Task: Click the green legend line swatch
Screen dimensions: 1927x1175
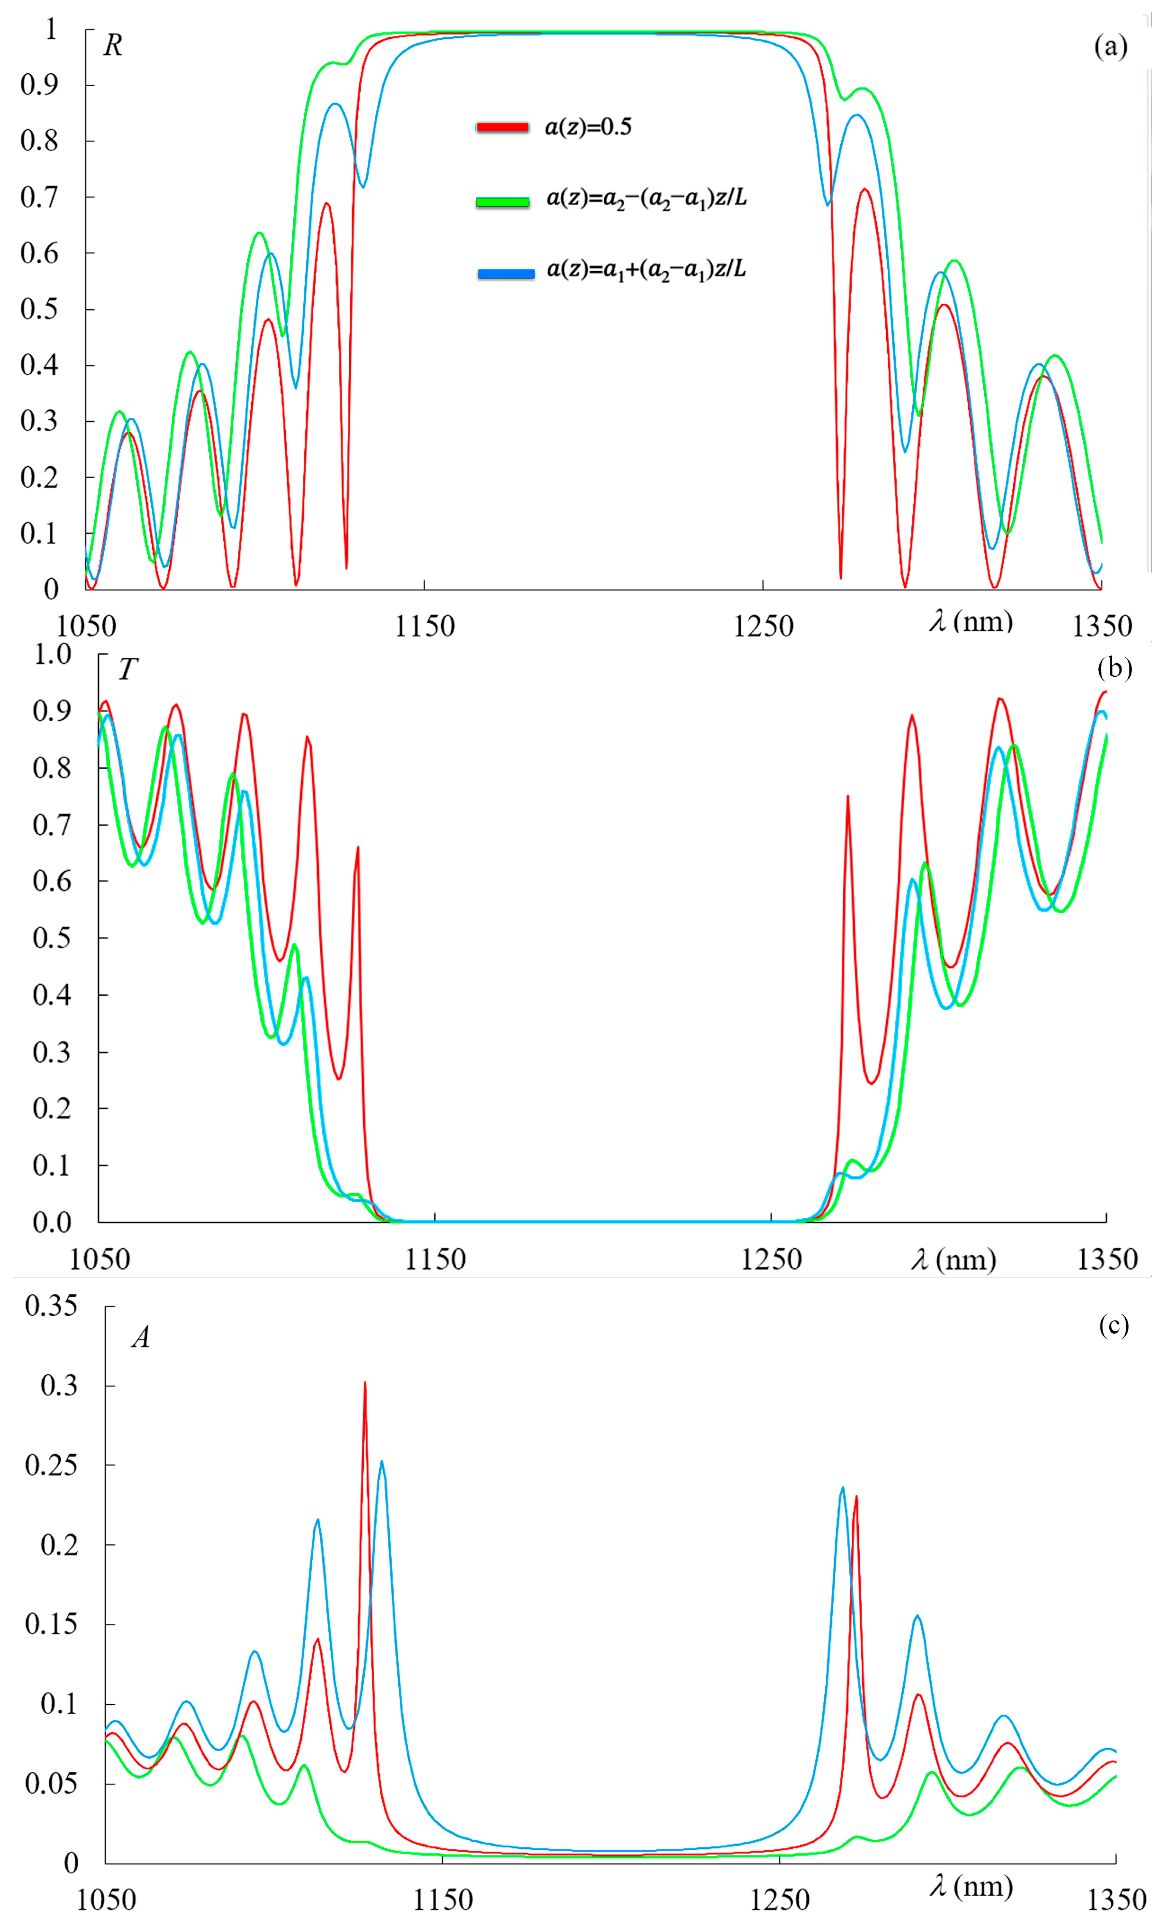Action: pyautogui.click(x=502, y=202)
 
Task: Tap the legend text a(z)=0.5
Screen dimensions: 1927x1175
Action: pyautogui.click(x=588, y=127)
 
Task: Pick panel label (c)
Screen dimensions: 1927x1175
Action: pyautogui.click(x=1114, y=1325)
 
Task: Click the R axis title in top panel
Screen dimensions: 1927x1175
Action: pyautogui.click(x=112, y=46)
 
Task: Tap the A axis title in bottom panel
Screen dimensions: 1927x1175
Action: pyautogui.click(x=141, y=1338)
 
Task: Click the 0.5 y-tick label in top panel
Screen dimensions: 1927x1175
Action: pyautogui.click(x=39, y=309)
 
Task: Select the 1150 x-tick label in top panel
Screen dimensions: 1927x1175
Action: pyautogui.click(x=424, y=626)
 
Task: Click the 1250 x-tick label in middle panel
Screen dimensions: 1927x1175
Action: pyautogui.click(x=771, y=1259)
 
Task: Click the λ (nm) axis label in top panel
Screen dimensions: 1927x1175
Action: pyautogui.click(x=971, y=622)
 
